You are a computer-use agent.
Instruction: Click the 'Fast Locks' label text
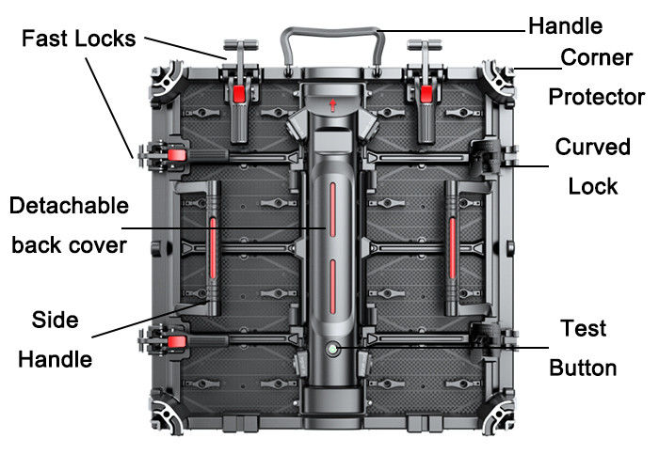click(x=79, y=39)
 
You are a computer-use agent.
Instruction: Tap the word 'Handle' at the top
click(x=565, y=24)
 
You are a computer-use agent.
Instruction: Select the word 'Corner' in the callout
click(x=596, y=58)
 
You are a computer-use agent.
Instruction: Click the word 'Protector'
click(x=596, y=97)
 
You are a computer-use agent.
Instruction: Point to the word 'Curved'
click(x=592, y=147)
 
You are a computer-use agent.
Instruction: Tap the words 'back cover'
click(x=68, y=244)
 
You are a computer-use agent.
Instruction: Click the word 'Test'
click(x=584, y=329)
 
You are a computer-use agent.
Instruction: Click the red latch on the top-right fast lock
click(x=426, y=93)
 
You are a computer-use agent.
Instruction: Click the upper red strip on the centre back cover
click(x=331, y=212)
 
